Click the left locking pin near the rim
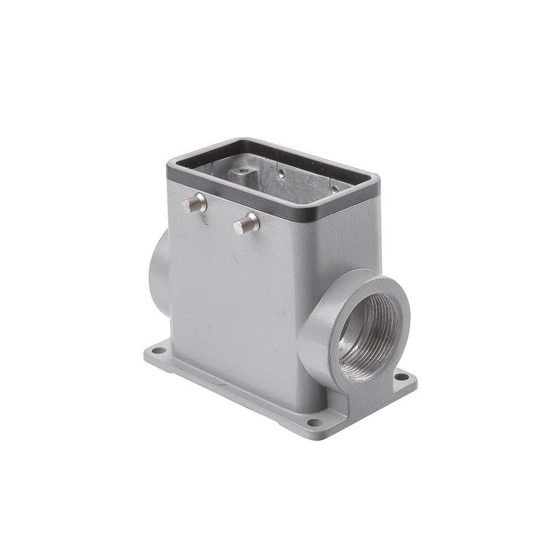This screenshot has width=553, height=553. tap(194, 205)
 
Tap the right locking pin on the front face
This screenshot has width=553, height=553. tap(246, 223)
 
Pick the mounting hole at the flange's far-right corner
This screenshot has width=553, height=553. tap(401, 377)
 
